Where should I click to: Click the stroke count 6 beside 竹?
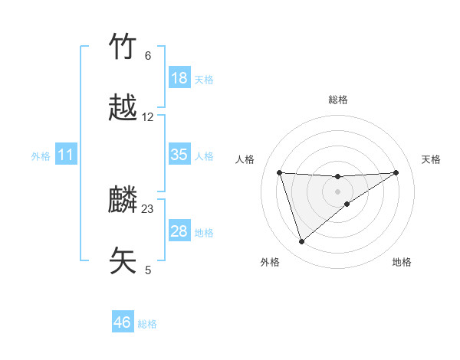[148, 56]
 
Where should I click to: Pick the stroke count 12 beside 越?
[148, 117]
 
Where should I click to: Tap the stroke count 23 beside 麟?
[148, 209]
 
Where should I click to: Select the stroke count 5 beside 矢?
[148, 270]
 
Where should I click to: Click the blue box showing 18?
[179, 78]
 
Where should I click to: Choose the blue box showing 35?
[179, 155]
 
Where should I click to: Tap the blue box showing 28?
[179, 231]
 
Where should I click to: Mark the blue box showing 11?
[66, 155]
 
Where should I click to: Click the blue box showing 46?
[123, 322]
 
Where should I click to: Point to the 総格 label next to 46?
[148, 324]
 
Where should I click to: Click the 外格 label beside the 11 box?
[41, 156]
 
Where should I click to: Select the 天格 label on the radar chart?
[432, 159]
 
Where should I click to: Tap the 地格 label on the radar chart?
[402, 262]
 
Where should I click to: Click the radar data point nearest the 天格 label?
[396, 172]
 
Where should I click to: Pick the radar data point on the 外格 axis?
[301, 242]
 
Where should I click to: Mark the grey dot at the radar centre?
[337, 191]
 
